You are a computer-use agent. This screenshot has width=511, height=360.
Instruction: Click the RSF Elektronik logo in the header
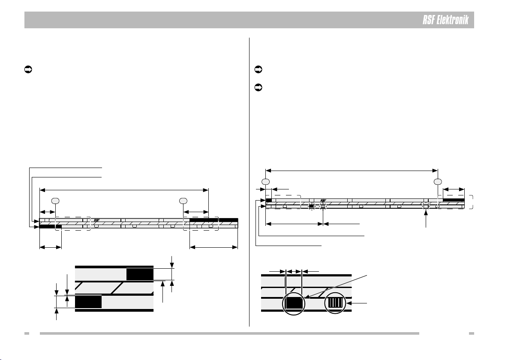pyautogui.click(x=445, y=20)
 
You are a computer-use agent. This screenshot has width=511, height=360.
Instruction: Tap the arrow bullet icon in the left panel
pyautogui.click(x=28, y=69)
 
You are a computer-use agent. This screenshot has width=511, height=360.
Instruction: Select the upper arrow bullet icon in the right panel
pyautogui.click(x=259, y=69)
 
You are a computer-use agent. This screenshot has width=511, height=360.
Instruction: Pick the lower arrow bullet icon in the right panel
pyautogui.click(x=259, y=87)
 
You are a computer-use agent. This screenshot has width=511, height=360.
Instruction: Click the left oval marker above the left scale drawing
pyautogui.click(x=55, y=201)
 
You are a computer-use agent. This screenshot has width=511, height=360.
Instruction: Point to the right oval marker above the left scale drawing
pyautogui.click(x=183, y=201)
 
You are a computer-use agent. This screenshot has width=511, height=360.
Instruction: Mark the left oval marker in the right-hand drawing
pyautogui.click(x=266, y=181)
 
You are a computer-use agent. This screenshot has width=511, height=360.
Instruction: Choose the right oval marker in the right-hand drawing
pyautogui.click(x=438, y=181)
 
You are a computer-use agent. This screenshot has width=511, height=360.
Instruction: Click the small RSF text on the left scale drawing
pyautogui.click(x=97, y=221)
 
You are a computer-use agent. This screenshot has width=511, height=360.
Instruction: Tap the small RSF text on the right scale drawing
pyautogui.click(x=323, y=201)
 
